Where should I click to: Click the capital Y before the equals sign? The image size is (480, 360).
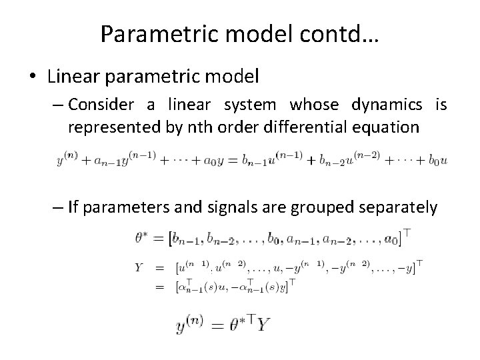(x=139, y=268)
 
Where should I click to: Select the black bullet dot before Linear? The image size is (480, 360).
(x=33, y=77)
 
